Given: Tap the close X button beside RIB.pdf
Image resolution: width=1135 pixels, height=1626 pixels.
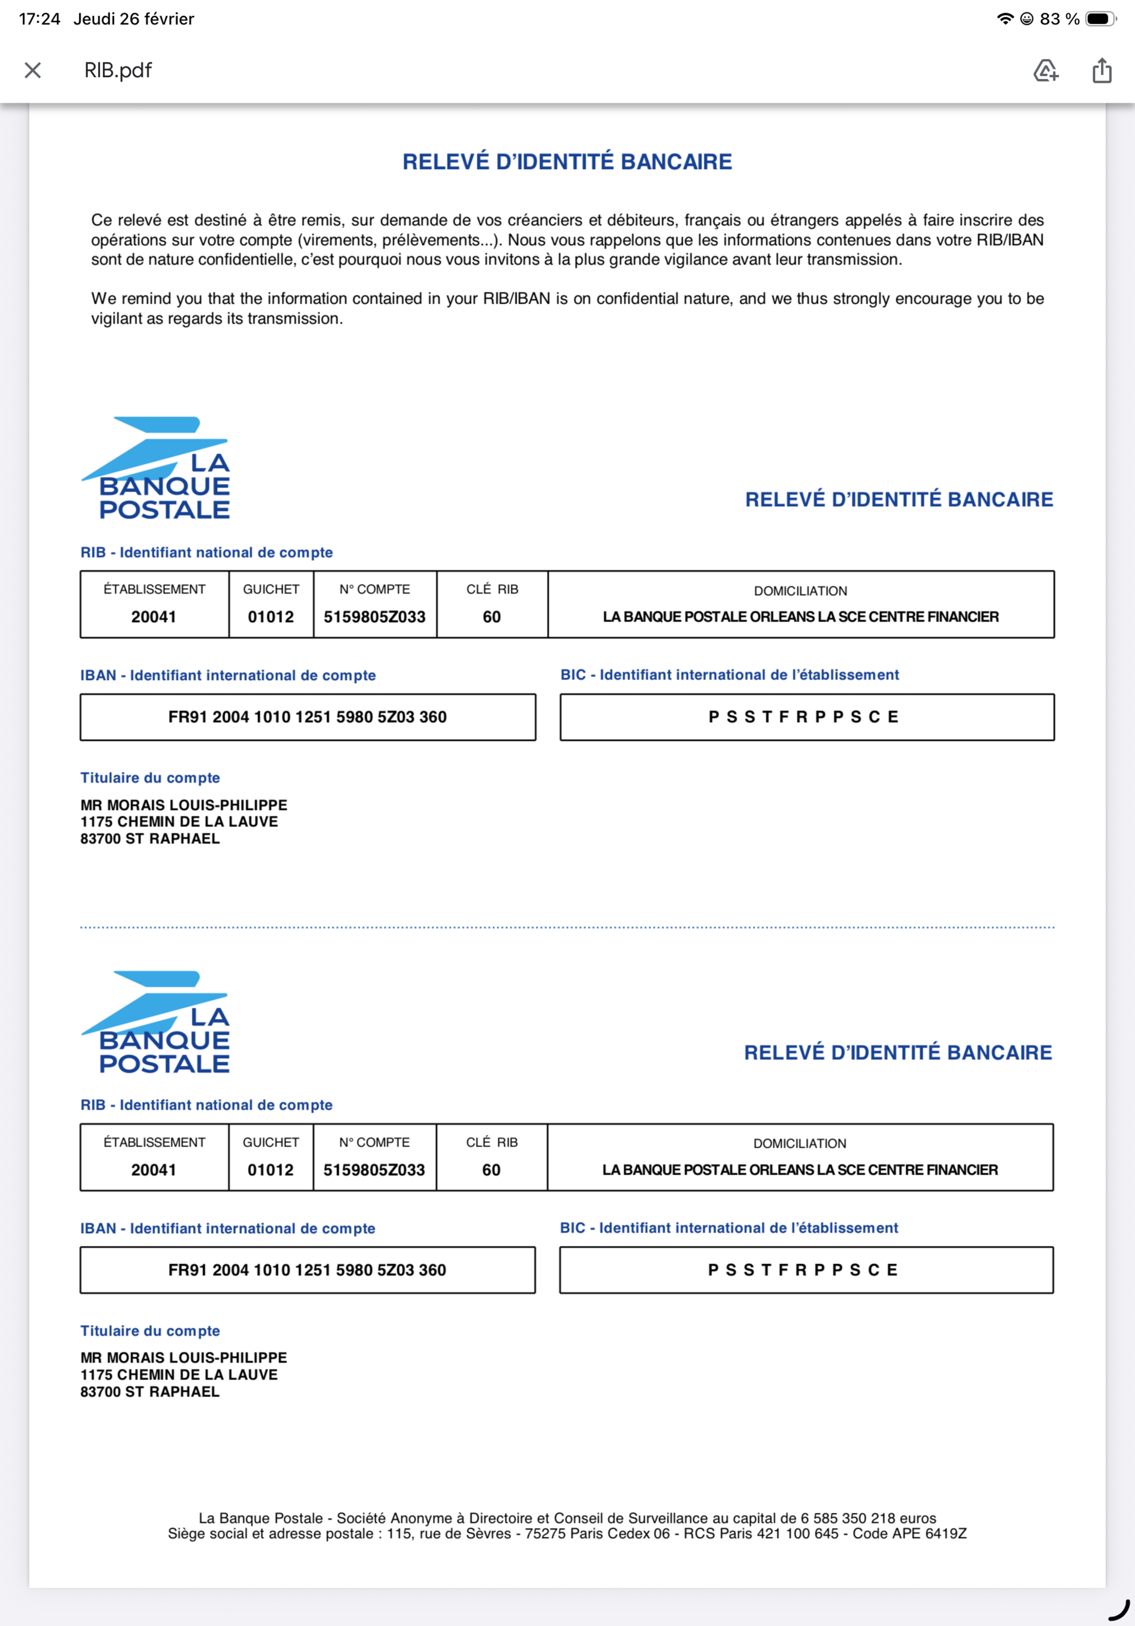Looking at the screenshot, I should [x=32, y=70].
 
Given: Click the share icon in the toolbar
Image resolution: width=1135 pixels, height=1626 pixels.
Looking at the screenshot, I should [x=1102, y=70].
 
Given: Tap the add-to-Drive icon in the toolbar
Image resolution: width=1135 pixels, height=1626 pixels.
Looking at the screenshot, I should [x=1045, y=70].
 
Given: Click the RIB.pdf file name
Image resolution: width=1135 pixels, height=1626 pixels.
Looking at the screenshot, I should [x=117, y=70].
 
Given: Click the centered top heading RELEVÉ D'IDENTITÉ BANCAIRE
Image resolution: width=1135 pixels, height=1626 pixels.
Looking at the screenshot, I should [x=567, y=161].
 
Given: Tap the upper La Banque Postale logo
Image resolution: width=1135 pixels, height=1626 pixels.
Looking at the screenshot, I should [x=157, y=468].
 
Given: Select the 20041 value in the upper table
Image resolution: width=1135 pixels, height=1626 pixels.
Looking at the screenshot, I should [x=154, y=617].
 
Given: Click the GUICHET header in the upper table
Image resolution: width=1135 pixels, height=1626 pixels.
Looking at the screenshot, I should [x=271, y=589].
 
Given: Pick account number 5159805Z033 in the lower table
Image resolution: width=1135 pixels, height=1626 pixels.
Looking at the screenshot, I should [x=374, y=1170].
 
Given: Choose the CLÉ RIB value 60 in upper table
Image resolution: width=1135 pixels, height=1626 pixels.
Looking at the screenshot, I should [x=491, y=617].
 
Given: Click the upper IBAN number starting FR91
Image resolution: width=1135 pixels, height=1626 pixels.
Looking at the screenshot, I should [x=307, y=716].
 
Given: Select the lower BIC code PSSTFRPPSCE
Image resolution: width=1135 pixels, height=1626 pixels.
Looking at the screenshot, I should [x=804, y=1270].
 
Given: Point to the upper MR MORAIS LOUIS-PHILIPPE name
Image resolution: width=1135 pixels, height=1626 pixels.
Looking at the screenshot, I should [x=184, y=805].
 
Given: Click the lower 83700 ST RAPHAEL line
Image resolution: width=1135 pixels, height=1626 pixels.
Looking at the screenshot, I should [x=150, y=1392].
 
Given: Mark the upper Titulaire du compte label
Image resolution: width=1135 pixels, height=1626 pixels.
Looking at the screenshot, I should [x=150, y=778].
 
